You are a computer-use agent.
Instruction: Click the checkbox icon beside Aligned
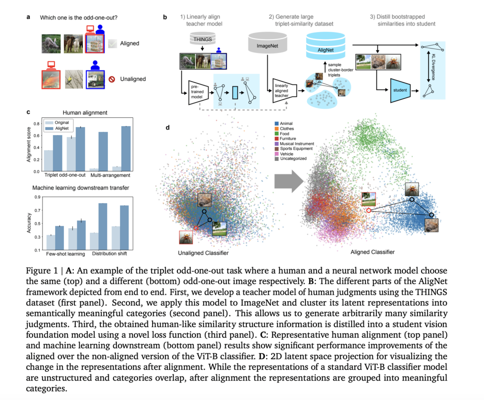(x=113, y=43)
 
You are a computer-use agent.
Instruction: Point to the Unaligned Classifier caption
(x=204, y=253)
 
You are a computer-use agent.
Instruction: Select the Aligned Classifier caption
(x=373, y=252)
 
